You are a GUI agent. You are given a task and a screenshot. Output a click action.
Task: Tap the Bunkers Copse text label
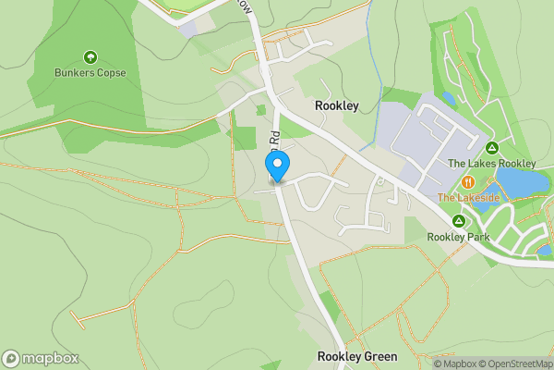(x=90, y=73)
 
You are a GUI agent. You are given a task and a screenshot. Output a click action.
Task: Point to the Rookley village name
(x=336, y=106)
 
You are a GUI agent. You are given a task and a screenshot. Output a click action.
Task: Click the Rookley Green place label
(x=357, y=356)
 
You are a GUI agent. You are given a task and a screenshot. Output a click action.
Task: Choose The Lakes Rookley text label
(x=491, y=164)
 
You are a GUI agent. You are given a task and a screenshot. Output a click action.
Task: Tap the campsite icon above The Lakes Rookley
(x=492, y=148)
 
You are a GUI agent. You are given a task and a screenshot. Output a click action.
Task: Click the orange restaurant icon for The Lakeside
(x=469, y=182)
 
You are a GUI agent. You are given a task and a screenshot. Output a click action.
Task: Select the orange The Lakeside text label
(x=468, y=198)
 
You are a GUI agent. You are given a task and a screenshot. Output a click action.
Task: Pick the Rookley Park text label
(x=457, y=237)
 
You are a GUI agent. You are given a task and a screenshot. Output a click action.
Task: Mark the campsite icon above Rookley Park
(x=458, y=221)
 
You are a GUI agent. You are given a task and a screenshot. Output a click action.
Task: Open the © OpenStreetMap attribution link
(x=514, y=364)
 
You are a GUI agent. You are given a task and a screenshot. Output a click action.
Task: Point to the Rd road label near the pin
(x=274, y=141)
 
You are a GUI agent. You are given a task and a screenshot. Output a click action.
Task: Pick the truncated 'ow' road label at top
(x=245, y=5)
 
